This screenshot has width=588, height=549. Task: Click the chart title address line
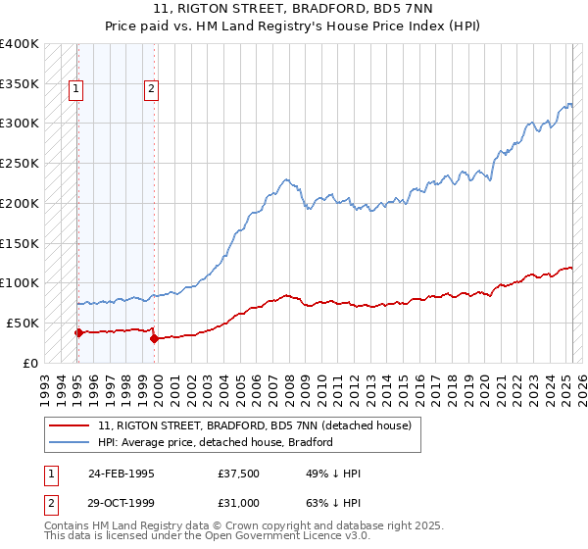point(293,12)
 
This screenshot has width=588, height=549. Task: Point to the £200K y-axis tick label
point(20,203)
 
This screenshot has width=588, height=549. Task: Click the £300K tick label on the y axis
point(20,124)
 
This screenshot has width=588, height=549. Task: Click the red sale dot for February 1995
point(78,332)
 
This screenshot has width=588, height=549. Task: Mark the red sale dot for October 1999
point(154,338)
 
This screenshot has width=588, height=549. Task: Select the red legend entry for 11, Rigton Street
point(260,425)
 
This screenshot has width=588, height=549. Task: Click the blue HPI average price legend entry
point(216,442)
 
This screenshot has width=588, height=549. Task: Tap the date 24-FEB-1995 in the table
point(122,474)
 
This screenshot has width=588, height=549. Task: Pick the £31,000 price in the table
point(239,503)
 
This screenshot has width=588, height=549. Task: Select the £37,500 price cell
point(239,474)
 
